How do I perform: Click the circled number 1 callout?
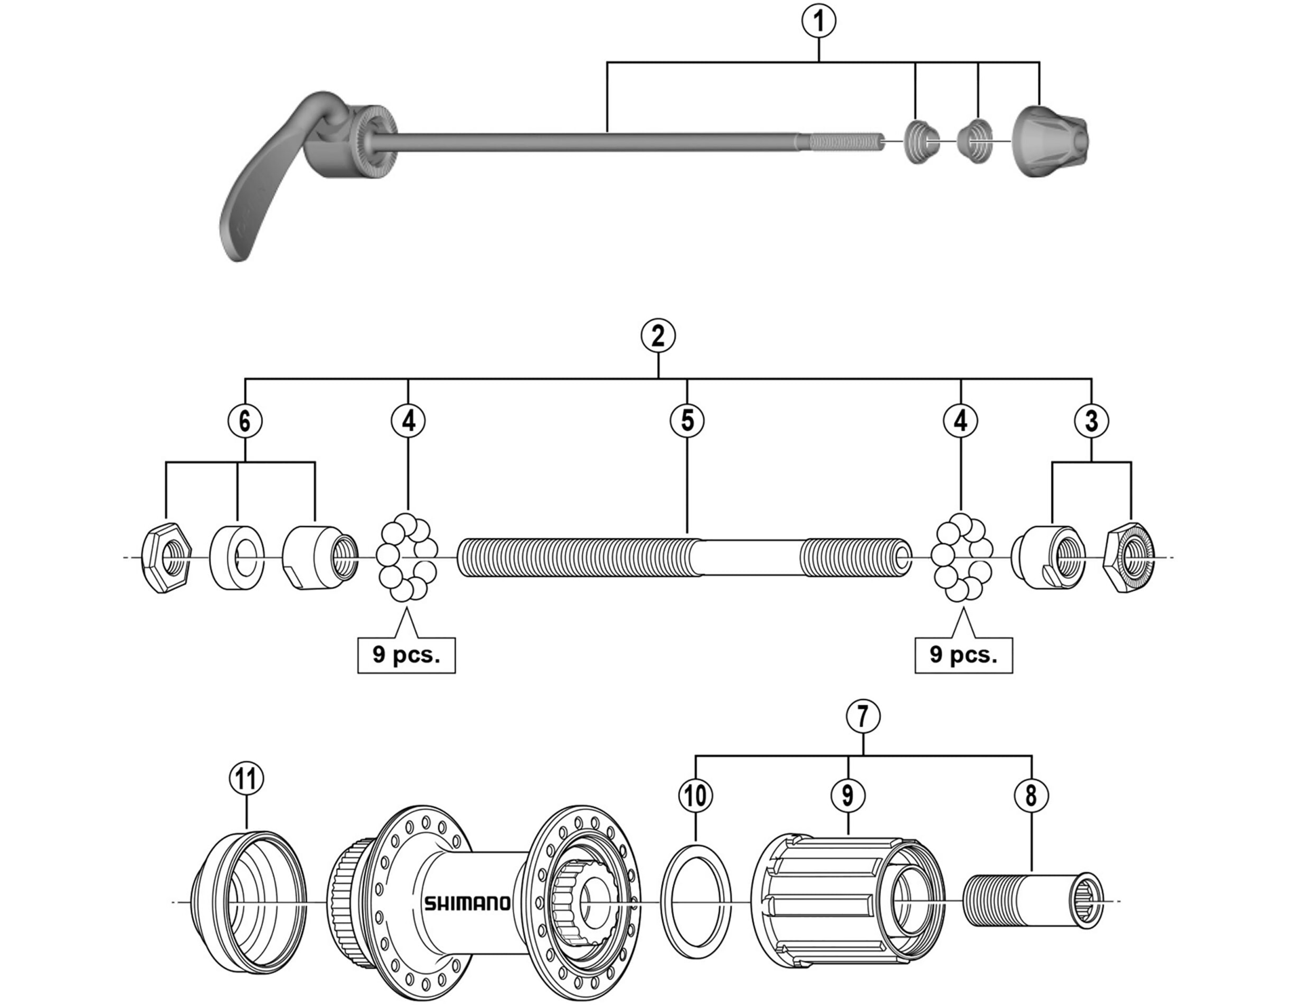click(x=818, y=21)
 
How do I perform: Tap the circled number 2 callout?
click(x=658, y=336)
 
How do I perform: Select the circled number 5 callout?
click(x=687, y=421)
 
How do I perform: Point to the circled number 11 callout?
click(x=245, y=778)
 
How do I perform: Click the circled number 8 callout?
click(x=1031, y=795)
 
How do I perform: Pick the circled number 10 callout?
click(x=695, y=795)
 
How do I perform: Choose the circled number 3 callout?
click(x=1091, y=421)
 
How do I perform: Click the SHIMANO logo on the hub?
click(x=467, y=903)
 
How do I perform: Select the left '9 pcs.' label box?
click(x=406, y=655)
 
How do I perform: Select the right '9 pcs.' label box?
click(x=964, y=655)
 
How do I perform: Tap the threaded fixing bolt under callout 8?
click(x=1031, y=901)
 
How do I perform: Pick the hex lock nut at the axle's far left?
click(x=166, y=557)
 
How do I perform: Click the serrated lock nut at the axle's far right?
click(x=1129, y=557)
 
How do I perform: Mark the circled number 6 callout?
click(x=245, y=421)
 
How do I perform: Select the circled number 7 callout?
click(x=863, y=716)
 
